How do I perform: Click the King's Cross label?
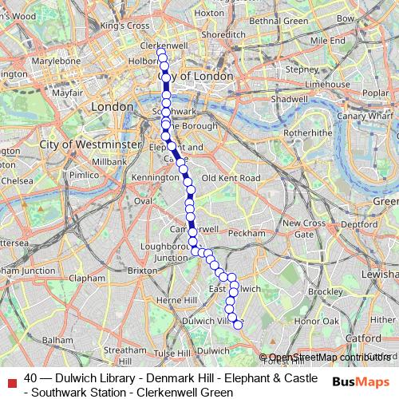point(125,26)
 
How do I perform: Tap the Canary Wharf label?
point(370,117)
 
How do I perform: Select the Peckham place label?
point(245,234)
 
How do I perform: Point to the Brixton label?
point(143,271)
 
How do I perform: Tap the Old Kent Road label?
point(231,177)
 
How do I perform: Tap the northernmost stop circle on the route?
point(162,53)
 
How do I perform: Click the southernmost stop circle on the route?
point(237,324)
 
